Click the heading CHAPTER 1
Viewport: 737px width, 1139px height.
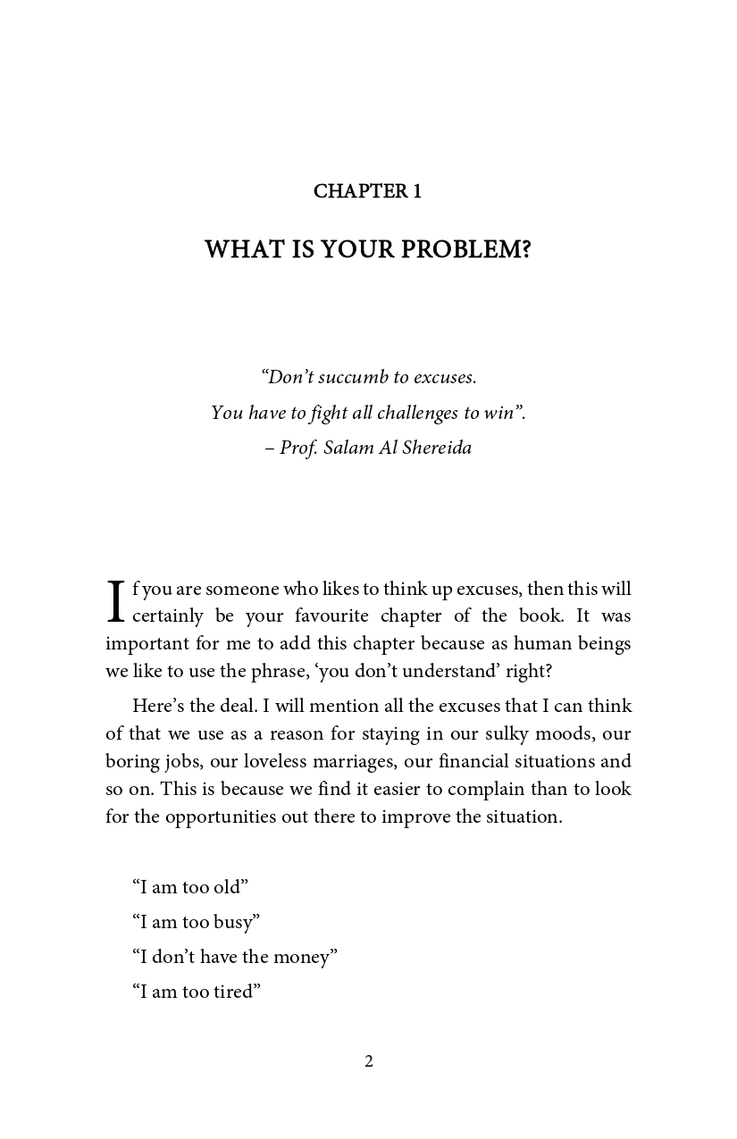(x=367, y=191)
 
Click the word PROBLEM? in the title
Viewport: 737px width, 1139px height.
(x=465, y=249)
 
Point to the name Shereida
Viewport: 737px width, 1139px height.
(x=438, y=448)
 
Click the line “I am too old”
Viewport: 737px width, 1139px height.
(x=189, y=887)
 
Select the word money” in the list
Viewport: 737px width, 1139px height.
(x=305, y=957)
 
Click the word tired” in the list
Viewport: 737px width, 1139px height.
(x=237, y=992)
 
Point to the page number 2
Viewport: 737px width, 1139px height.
(x=368, y=1061)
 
